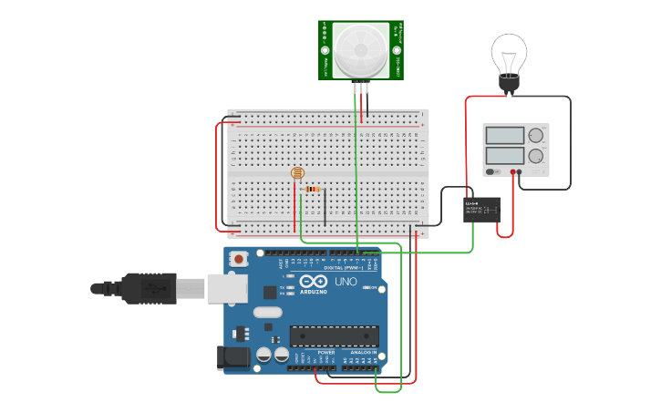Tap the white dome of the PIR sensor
click(361, 50)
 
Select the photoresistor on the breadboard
click(296, 172)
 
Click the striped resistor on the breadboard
click(313, 190)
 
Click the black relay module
click(481, 210)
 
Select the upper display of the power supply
click(504, 136)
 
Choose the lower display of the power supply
click(504, 156)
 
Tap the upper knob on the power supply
click(536, 136)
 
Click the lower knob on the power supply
click(536, 156)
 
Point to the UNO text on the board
click(346, 282)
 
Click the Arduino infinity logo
click(313, 282)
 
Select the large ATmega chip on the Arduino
click(334, 336)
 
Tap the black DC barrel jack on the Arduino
click(232, 358)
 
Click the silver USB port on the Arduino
click(227, 288)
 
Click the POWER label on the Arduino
click(326, 352)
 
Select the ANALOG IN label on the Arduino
click(364, 352)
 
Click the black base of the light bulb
click(509, 86)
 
